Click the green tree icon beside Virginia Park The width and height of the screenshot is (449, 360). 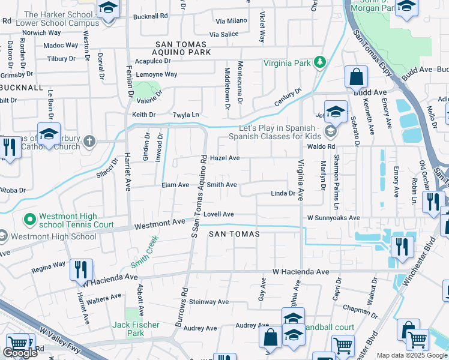click(321, 62)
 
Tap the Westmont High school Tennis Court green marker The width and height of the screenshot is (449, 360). click(28, 220)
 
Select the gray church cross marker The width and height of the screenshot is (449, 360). click(89, 142)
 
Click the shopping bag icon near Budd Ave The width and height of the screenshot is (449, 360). click(356, 77)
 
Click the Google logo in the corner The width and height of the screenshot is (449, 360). click(20, 353)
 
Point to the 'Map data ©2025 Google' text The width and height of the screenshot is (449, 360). click(412, 355)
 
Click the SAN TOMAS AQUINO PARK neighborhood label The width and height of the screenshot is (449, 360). click(183, 49)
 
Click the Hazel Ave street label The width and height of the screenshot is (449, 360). click(226, 158)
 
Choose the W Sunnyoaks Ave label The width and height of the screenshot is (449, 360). click(333, 218)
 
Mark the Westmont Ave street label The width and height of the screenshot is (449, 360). click(160, 224)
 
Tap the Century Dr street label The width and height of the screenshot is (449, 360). click(287, 97)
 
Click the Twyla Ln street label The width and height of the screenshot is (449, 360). click(185, 115)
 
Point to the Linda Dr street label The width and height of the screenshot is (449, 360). click(283, 193)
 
